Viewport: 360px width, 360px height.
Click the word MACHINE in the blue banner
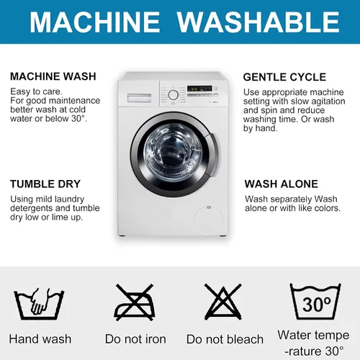pyautogui.click(x=95, y=22)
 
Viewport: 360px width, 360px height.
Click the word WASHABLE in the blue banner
pyautogui.click(x=258, y=22)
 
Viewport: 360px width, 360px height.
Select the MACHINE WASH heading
pyautogui.click(x=53, y=76)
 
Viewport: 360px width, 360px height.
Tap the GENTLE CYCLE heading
pyautogui.click(x=284, y=77)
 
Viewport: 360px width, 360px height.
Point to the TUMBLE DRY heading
pyautogui.click(x=45, y=184)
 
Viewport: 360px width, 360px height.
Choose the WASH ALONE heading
pyautogui.click(x=282, y=184)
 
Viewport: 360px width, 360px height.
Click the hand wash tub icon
pyautogui.click(x=39, y=304)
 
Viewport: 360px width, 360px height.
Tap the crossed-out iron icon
pyautogui.click(x=135, y=302)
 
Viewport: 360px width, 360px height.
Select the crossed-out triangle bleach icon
pyautogui.click(x=223, y=302)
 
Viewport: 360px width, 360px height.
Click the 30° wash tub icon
pyautogui.click(x=315, y=302)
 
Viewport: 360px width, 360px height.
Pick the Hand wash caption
pyautogui.click(x=40, y=339)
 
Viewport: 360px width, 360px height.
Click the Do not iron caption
pyautogui.click(x=135, y=339)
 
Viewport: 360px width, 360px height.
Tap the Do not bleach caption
pyautogui.click(x=225, y=339)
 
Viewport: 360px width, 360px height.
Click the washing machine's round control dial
pyautogui.click(x=173, y=95)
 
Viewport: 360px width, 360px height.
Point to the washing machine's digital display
pyautogui.click(x=199, y=89)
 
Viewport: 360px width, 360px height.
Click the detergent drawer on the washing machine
pyautogui.click(x=139, y=98)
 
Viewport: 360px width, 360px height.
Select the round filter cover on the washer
pyautogui.click(x=209, y=219)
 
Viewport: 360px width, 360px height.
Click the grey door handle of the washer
pyautogui.click(x=212, y=155)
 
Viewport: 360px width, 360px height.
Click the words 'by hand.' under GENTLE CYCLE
pyautogui.click(x=261, y=128)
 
